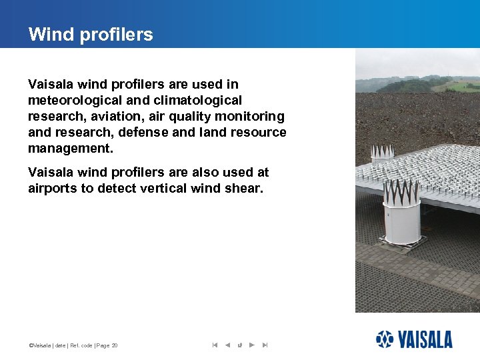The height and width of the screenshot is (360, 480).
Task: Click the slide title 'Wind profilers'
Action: tap(91, 35)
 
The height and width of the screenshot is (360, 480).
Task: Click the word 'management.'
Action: tap(71, 148)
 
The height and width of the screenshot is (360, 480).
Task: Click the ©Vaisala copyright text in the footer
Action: tap(41, 345)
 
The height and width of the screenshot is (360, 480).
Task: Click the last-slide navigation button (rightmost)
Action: tap(265, 345)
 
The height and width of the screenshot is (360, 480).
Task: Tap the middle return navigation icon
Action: tap(239, 345)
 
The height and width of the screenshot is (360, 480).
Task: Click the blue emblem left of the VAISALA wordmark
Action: tap(385, 339)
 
